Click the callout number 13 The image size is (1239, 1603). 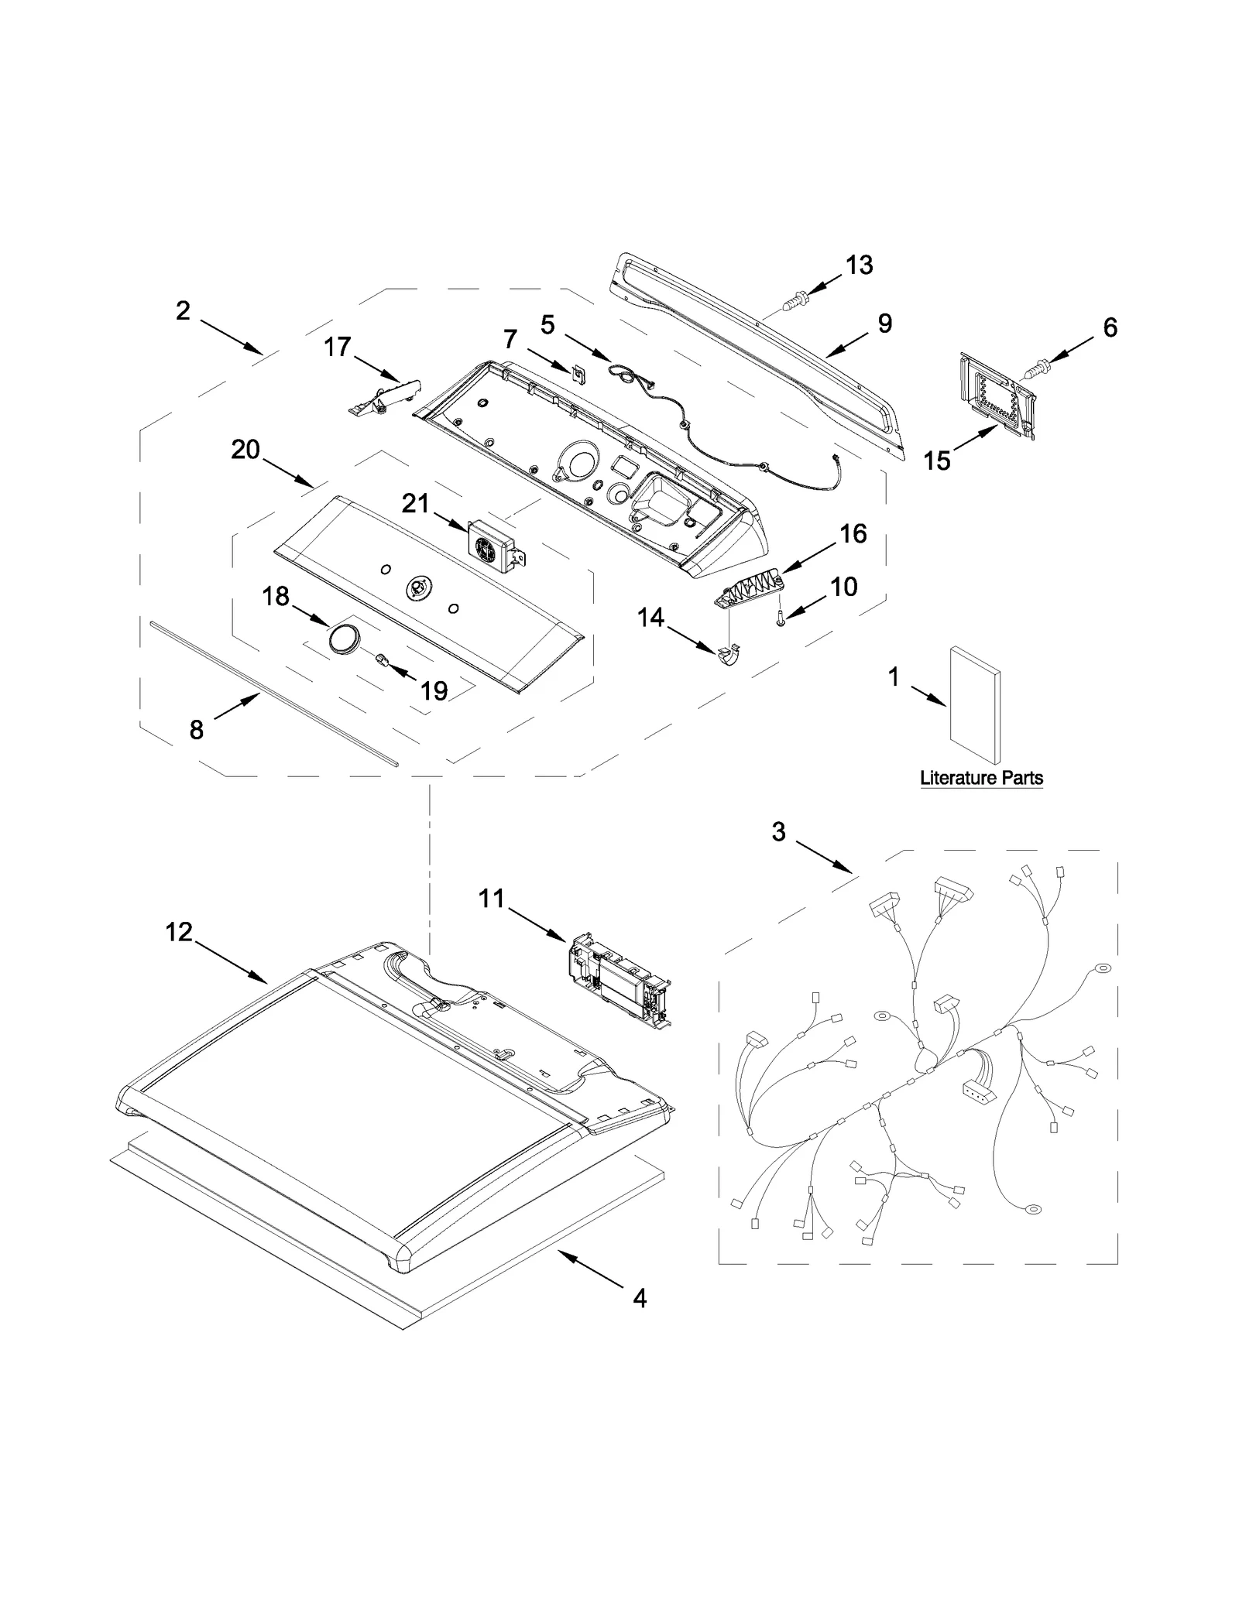coord(859,265)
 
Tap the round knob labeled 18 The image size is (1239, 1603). coord(345,640)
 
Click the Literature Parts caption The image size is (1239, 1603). coord(981,778)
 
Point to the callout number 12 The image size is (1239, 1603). coord(179,933)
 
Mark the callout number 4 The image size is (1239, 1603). coord(640,1298)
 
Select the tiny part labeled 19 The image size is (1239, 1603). coord(381,659)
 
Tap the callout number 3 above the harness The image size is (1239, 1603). coord(779,832)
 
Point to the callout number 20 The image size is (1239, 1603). coord(245,450)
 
